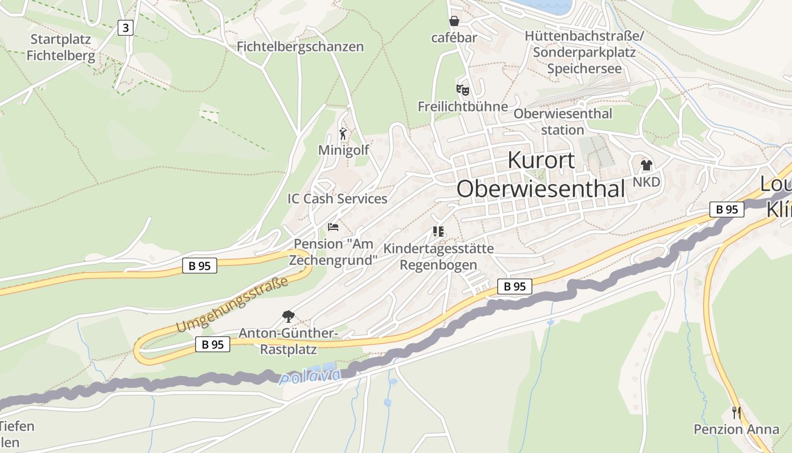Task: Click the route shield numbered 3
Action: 126,27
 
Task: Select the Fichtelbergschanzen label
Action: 300,46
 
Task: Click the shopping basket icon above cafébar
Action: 454,22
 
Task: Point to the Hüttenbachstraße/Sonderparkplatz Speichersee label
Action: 584,53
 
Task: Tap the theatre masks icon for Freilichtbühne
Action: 463,89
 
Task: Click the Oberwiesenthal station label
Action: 562,122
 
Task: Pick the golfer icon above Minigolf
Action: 343,134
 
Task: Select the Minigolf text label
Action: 343,150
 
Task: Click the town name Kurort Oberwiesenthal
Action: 541,174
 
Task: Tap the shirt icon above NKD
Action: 646,165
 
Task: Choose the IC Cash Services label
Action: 337,199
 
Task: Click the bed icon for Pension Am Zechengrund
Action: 333,227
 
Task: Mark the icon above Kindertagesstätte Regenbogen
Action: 438,231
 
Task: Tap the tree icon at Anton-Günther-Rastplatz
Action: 289,316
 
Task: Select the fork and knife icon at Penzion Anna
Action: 736,412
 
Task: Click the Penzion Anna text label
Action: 737,429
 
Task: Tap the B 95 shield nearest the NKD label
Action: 727,210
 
